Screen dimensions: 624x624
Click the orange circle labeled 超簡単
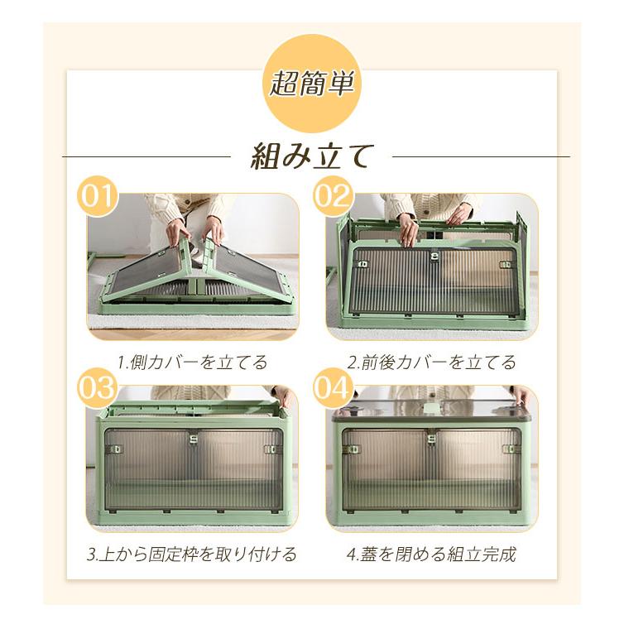coord(312,83)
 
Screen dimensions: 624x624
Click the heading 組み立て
coord(312,156)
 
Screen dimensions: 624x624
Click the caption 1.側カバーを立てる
coord(192,362)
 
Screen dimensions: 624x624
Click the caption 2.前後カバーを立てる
coord(431,362)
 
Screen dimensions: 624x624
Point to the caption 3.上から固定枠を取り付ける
coord(192,554)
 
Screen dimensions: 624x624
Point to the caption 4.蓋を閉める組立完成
coord(431,554)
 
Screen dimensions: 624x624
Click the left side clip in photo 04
coord(354,449)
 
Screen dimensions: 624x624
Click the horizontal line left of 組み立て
coord(146,156)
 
